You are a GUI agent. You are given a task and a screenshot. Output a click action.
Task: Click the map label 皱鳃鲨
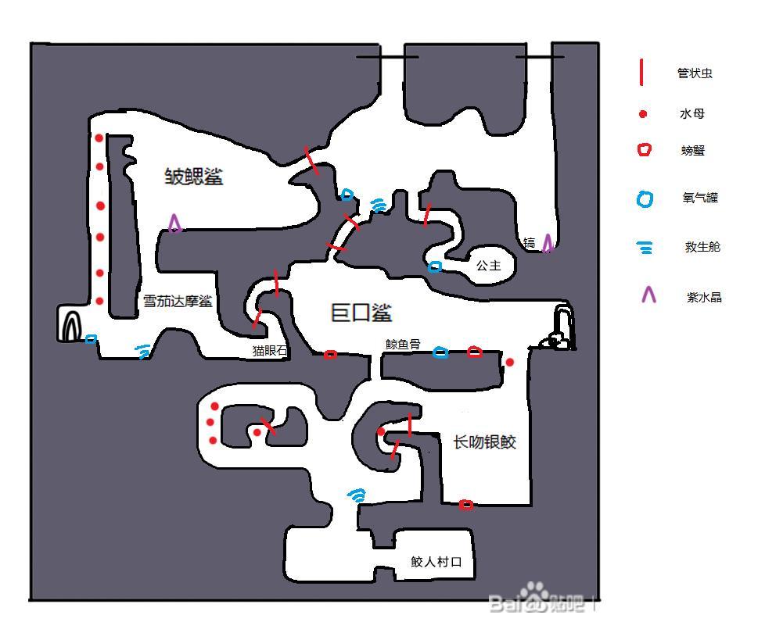[193, 177]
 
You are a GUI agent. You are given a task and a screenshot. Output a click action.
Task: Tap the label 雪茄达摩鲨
[178, 301]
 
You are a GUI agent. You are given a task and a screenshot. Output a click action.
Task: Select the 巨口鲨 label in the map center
[361, 313]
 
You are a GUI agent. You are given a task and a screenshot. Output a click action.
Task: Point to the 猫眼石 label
[269, 352]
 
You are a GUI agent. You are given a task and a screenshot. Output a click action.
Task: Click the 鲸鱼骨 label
[403, 344]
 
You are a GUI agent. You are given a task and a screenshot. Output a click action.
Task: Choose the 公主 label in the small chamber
[488, 266]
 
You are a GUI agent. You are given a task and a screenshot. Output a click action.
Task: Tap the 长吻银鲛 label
[485, 442]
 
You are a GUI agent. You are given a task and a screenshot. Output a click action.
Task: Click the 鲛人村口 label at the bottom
[436, 562]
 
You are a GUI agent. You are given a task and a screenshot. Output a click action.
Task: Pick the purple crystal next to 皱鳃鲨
[175, 224]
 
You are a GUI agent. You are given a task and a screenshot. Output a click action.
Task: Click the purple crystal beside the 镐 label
[548, 243]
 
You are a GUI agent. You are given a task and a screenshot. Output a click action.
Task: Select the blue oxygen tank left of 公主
[435, 267]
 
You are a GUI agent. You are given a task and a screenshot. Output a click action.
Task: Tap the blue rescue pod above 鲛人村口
[357, 495]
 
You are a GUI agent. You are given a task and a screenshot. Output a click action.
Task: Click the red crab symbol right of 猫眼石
[330, 355]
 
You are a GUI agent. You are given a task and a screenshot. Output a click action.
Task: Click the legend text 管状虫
[695, 73]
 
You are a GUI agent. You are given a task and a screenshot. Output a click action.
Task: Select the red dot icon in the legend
[643, 114]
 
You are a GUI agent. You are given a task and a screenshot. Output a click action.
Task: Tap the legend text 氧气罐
[700, 198]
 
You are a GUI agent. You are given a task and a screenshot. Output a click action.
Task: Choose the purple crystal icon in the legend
[648, 295]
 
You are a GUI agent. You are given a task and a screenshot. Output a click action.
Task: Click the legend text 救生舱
[702, 247]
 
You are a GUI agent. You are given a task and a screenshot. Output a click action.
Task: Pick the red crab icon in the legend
[644, 150]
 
